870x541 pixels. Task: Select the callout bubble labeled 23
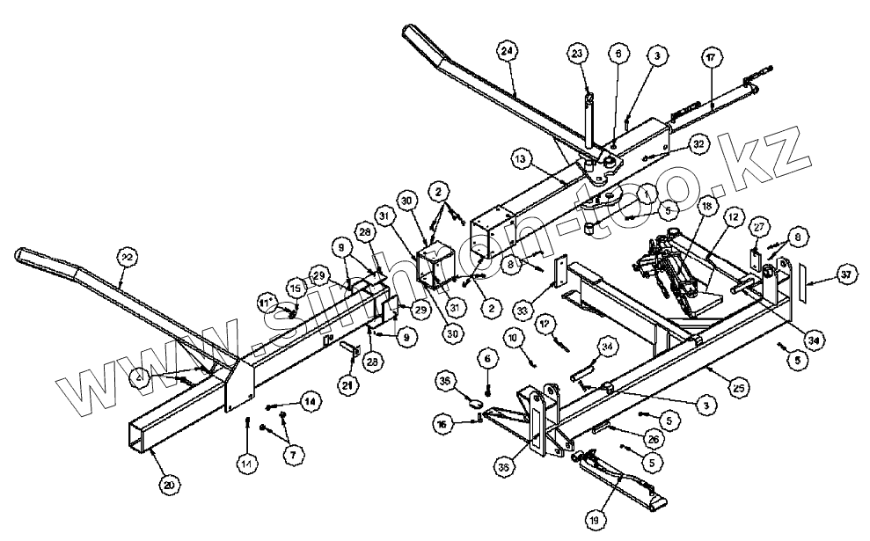coord(576,55)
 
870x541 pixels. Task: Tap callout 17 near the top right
coord(711,57)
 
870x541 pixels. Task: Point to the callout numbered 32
coord(698,143)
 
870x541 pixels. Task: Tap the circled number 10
coord(511,337)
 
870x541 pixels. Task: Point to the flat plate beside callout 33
coord(558,272)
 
